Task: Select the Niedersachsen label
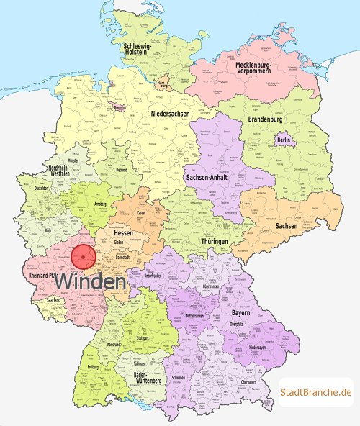tap(171, 114)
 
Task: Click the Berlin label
tap(283, 140)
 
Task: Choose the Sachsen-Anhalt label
tap(208, 177)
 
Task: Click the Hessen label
tap(124, 235)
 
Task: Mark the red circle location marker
tap(84, 257)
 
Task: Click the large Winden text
tap(91, 282)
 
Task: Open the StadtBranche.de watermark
tap(316, 392)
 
